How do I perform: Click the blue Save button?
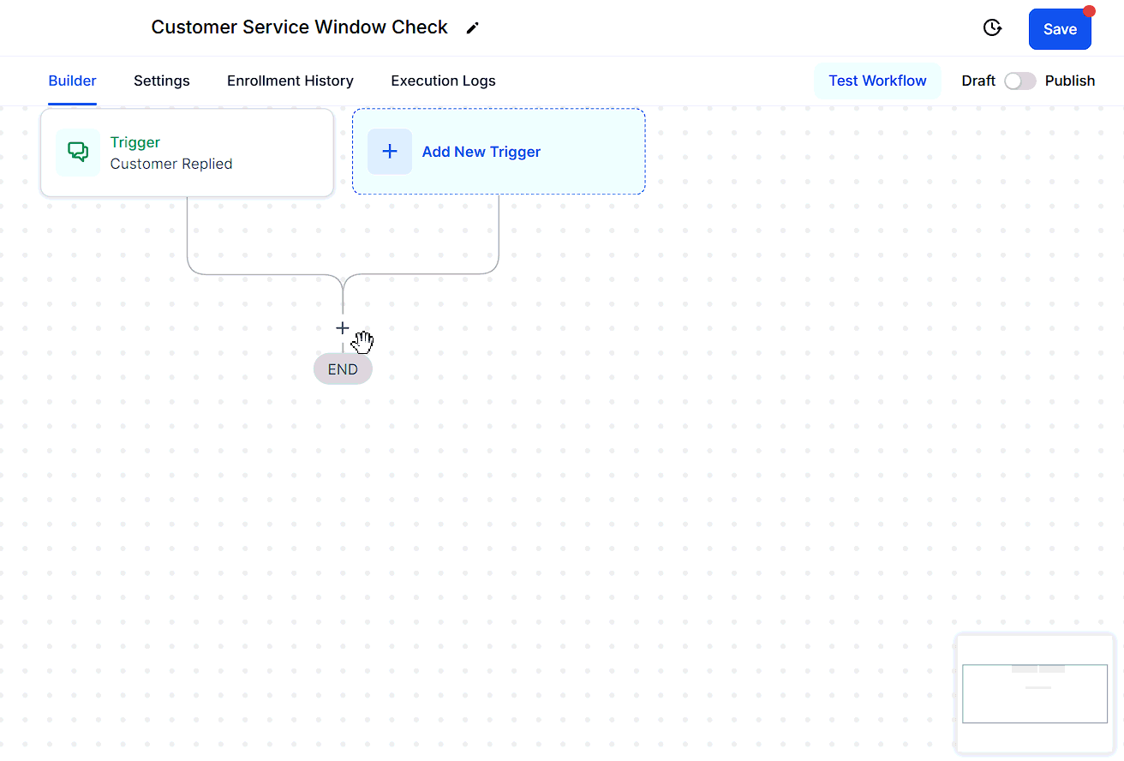tap(1059, 29)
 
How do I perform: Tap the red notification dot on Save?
tap(1088, 11)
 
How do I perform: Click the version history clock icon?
tap(992, 27)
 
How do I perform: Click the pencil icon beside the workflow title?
tap(472, 28)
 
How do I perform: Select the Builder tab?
tap(72, 81)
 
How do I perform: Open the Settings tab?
tap(162, 81)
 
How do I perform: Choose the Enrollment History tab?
tap(290, 81)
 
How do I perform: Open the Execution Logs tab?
tap(443, 81)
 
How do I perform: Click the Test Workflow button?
tap(877, 81)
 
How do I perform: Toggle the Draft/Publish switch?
tap(1019, 81)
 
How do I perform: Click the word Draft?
tap(978, 81)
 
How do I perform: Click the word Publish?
tap(1070, 81)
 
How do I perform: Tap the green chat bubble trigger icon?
tap(78, 152)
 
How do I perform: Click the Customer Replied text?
tap(171, 165)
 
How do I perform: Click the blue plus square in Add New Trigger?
tap(390, 152)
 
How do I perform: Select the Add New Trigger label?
tap(481, 152)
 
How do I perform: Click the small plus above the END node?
tap(342, 328)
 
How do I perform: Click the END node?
tap(343, 369)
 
